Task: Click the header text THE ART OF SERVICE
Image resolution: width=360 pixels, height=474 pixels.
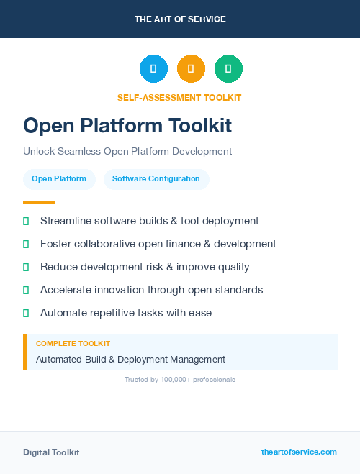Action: pyautogui.click(x=180, y=19)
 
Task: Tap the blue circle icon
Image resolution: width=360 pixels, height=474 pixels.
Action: pyautogui.click(x=153, y=68)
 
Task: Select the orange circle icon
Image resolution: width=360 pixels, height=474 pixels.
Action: pyautogui.click(x=191, y=68)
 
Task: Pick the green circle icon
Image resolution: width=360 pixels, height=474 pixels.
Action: pyautogui.click(x=228, y=68)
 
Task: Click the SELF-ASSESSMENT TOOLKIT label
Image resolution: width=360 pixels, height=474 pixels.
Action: pyautogui.click(x=179, y=97)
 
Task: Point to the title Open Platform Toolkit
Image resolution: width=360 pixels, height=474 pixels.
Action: pyautogui.click(x=127, y=126)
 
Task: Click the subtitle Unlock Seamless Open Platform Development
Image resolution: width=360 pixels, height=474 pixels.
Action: pyautogui.click(x=127, y=151)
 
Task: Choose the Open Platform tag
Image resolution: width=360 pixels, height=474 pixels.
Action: pyautogui.click(x=59, y=179)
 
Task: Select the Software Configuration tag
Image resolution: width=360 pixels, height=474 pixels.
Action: pyautogui.click(x=156, y=179)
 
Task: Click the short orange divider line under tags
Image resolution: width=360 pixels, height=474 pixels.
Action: pyautogui.click(x=39, y=202)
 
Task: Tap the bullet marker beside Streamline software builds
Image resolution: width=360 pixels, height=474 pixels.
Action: pyautogui.click(x=26, y=221)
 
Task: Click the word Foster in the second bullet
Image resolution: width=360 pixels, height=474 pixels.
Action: pyautogui.click(x=55, y=244)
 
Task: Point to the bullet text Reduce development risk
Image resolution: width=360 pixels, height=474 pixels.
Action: pyautogui.click(x=145, y=267)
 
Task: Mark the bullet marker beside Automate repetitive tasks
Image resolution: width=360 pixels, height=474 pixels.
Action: pyautogui.click(x=26, y=313)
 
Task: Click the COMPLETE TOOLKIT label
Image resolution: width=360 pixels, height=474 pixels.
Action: pyautogui.click(x=73, y=344)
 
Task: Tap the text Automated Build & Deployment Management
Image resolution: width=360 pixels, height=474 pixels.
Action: pyautogui.click(x=130, y=359)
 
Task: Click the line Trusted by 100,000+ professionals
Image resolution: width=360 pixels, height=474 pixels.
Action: pyautogui.click(x=179, y=379)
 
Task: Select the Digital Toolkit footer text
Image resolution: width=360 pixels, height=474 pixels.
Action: pyautogui.click(x=51, y=452)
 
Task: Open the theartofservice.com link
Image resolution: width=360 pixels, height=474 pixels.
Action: pyautogui.click(x=299, y=452)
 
